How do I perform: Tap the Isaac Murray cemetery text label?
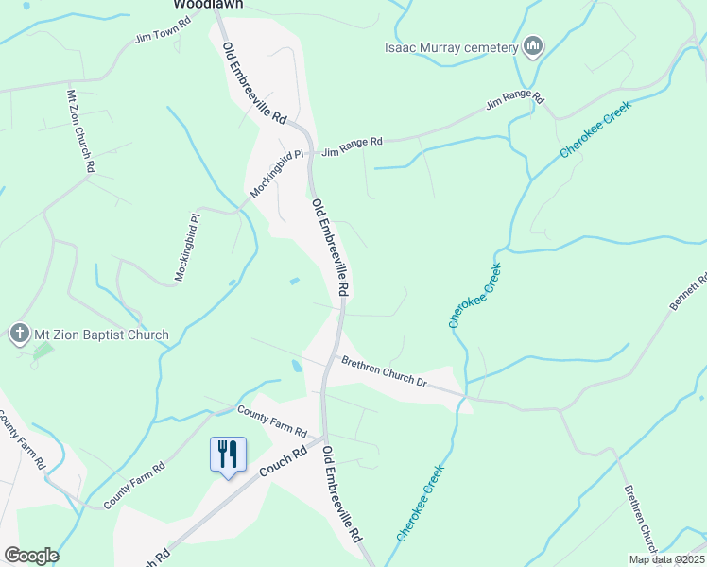point(452,48)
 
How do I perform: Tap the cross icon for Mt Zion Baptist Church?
point(19,334)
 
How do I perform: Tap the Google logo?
point(31,556)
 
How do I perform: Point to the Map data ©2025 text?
point(666,559)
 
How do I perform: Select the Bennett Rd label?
point(688,293)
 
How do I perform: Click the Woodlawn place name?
point(209,4)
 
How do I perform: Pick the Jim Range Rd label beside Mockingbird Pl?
point(352,143)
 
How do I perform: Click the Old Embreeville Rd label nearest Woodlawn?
point(254,84)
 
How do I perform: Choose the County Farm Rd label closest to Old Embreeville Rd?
point(272,421)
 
